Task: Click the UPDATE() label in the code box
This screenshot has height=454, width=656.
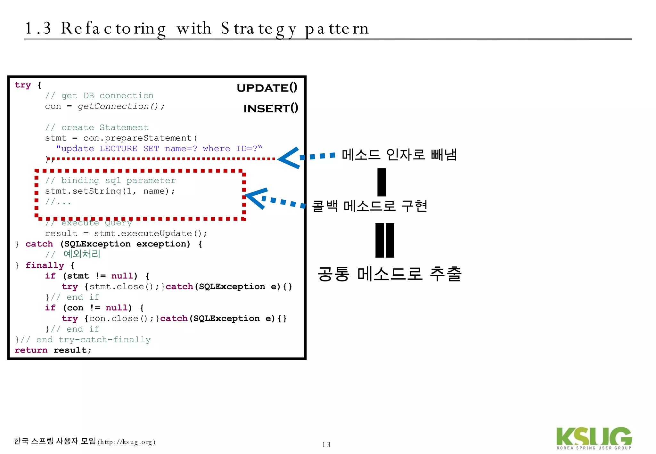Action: [267, 88]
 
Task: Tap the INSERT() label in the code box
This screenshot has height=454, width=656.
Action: [271, 109]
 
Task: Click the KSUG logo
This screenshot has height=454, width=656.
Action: [594, 438]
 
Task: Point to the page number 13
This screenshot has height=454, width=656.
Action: [326, 444]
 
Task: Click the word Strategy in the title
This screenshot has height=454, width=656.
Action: [258, 29]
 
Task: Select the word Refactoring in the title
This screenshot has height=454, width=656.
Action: [113, 29]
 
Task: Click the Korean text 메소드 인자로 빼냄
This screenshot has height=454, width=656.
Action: [399, 155]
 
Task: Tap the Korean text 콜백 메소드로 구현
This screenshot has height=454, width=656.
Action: [370, 206]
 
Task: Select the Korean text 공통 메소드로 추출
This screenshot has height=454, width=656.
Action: [389, 274]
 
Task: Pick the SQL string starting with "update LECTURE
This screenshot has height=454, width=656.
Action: [159, 149]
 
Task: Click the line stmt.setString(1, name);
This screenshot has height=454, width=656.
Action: [110, 191]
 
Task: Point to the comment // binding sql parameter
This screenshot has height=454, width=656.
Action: [111, 181]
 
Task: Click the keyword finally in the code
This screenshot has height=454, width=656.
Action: [45, 265]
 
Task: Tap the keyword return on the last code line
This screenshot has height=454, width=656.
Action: [31, 350]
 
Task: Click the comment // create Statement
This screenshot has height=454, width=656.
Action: [97, 127]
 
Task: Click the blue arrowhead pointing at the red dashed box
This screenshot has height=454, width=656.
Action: [256, 198]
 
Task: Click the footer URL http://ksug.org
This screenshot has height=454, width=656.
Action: [126, 442]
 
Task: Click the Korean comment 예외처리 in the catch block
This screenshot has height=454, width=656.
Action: [82, 254]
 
